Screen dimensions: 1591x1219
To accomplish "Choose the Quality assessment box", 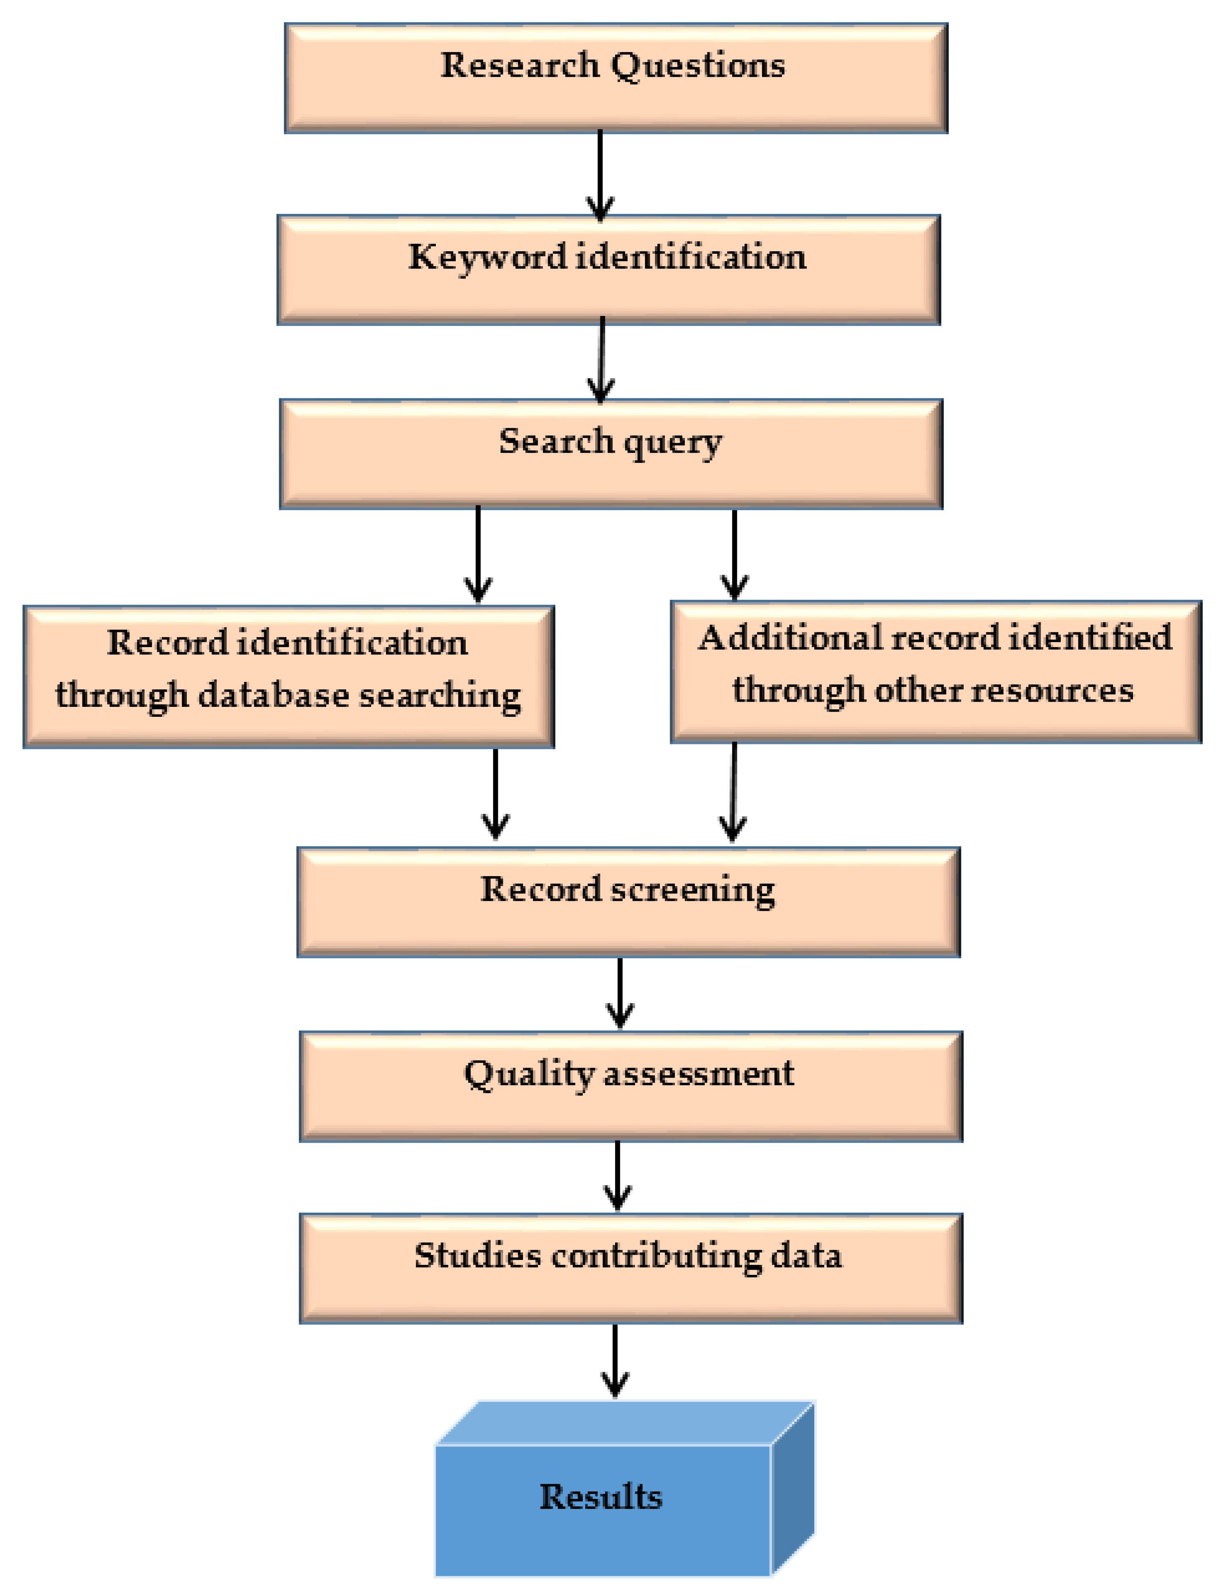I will [631, 1086].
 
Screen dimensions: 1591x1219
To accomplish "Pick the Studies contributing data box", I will [631, 1268].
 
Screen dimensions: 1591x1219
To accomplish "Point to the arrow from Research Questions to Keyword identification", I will [600, 174].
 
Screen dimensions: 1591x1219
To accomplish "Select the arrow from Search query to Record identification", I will [477, 555].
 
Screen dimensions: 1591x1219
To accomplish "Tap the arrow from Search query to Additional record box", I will [734, 555].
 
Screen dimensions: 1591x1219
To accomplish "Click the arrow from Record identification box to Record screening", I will [496, 795].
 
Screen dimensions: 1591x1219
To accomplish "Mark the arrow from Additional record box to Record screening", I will [733, 792].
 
